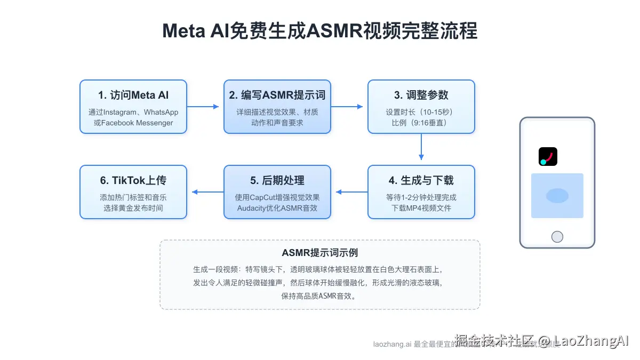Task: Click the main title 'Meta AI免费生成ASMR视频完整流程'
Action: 319,31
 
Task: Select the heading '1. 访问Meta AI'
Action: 133,95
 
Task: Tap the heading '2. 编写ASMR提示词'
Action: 277,95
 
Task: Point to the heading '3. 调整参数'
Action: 421,95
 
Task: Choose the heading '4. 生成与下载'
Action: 421,181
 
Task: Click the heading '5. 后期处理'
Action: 277,181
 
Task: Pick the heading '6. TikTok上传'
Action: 133,181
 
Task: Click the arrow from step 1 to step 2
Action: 204,107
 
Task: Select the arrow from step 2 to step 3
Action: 348,107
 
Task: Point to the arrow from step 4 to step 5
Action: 350,192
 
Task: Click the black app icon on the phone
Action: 548,156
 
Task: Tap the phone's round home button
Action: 557,236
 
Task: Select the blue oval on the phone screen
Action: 557,196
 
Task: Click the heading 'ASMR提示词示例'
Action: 319,253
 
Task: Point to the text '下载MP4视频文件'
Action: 421,208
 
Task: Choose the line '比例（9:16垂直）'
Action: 421,123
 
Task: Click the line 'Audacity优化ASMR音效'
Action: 277,208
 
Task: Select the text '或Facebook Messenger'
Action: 133,123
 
